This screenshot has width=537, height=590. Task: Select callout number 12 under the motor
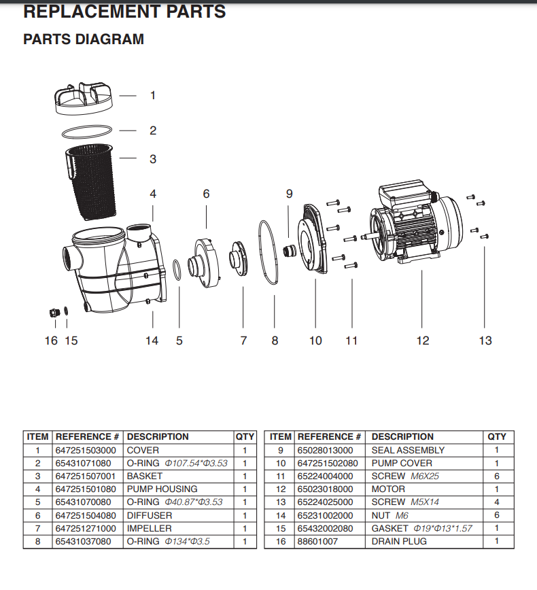click(x=423, y=340)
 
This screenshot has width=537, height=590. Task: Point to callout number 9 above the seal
click(x=289, y=194)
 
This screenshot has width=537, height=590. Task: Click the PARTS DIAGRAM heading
click(x=84, y=39)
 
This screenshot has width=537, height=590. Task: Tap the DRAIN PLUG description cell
click(x=399, y=542)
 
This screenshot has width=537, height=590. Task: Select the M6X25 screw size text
click(x=425, y=476)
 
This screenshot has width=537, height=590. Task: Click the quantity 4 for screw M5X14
click(x=496, y=502)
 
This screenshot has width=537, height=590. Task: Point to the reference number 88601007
click(x=317, y=542)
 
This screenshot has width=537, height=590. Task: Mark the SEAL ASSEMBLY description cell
click(x=408, y=450)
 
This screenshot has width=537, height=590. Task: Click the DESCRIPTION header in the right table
click(x=402, y=437)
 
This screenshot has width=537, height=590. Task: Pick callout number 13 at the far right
click(x=485, y=340)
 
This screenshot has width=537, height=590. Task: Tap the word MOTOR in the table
click(x=388, y=489)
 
